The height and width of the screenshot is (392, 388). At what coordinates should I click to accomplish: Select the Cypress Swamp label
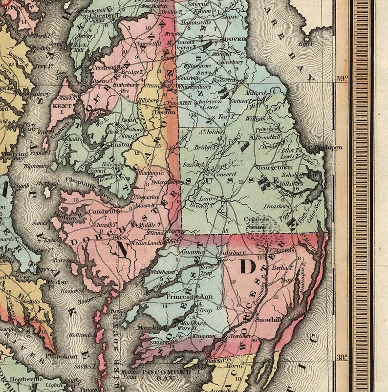point(257,223)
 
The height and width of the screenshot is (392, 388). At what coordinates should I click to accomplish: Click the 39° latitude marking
point(341,78)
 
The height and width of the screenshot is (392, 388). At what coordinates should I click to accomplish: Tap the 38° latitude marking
point(341,357)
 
